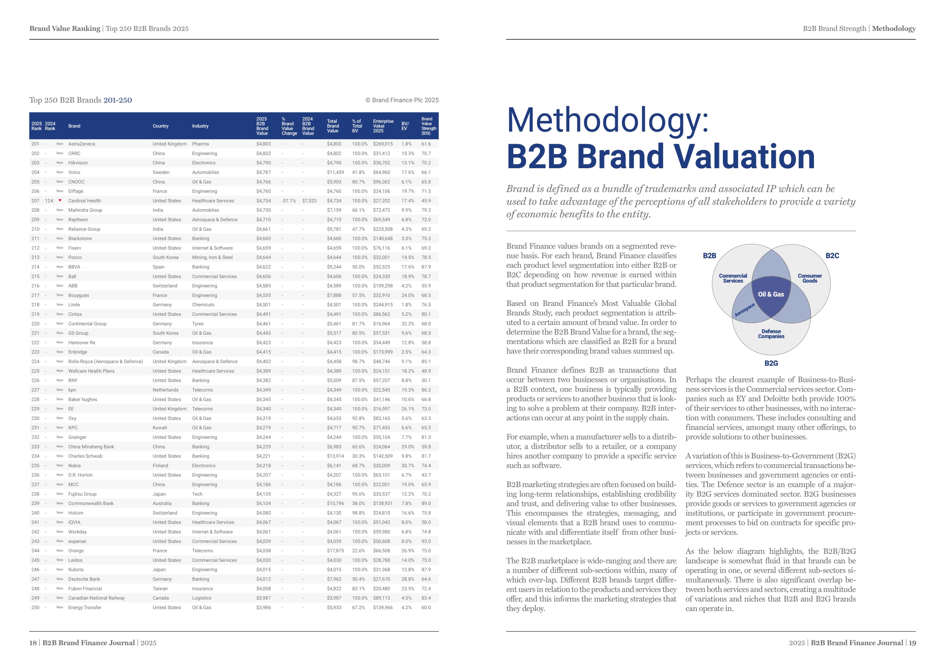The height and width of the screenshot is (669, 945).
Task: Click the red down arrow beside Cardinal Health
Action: point(60,201)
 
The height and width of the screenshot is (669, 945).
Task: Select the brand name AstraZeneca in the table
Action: point(82,144)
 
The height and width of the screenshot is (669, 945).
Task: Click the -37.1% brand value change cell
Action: point(288,201)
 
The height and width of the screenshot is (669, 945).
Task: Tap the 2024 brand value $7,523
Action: point(309,201)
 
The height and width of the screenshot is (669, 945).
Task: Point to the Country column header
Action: point(160,126)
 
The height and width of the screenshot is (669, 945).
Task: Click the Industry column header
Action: point(200,126)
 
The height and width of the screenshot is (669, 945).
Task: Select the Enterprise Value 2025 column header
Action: point(383,126)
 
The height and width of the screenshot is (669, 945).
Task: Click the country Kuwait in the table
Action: point(160,428)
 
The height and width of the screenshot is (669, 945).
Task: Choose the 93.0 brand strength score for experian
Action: point(426,541)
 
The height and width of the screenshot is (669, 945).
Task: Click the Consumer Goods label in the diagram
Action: point(810,278)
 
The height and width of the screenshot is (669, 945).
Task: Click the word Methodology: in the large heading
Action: point(607,120)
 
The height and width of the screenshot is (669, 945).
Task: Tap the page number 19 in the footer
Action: point(912,643)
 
